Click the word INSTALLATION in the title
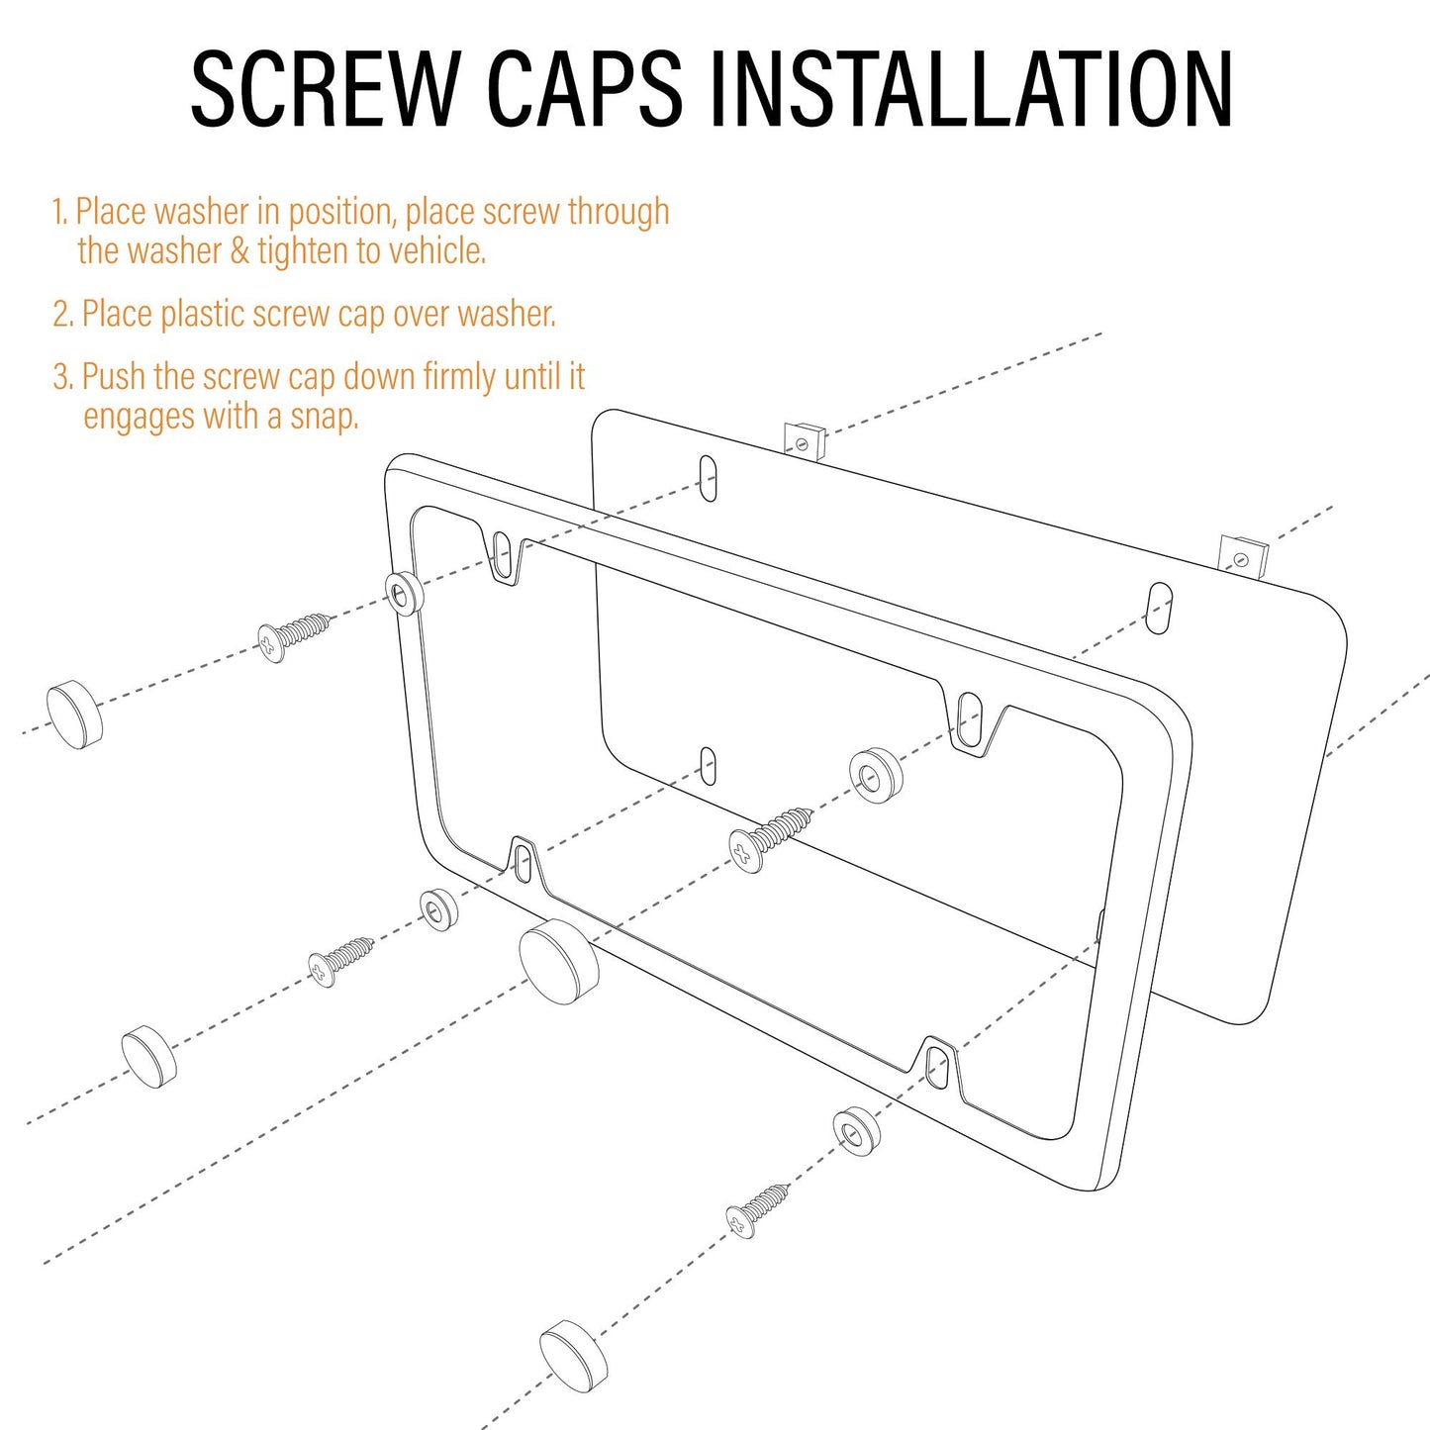[x=972, y=88]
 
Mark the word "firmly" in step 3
[x=459, y=376]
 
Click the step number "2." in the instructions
[x=63, y=314]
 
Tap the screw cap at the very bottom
[x=573, y=1358]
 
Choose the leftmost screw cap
[x=74, y=714]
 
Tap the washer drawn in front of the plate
[x=876, y=777]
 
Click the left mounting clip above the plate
[x=805, y=441]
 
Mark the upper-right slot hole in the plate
[x=1160, y=610]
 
